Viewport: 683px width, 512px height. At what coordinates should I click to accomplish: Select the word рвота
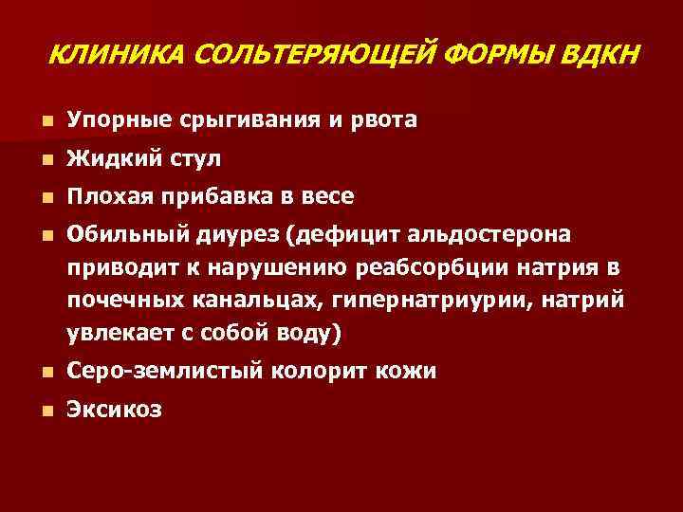coord(380,121)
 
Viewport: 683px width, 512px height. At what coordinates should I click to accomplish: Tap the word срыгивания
coord(249,121)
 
